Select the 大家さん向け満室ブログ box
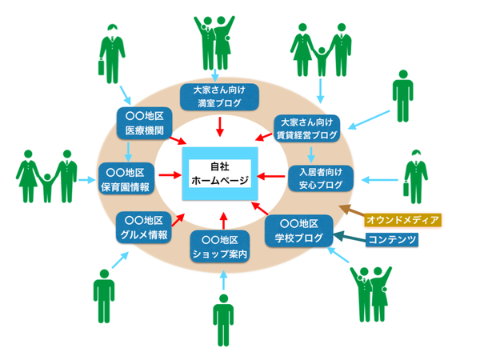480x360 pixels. pyautogui.click(x=219, y=98)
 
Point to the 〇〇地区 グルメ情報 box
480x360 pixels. pyautogui.click(x=144, y=227)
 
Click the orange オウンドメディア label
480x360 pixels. pyautogui.click(x=403, y=218)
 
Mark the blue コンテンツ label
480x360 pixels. pyautogui.click(x=392, y=239)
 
